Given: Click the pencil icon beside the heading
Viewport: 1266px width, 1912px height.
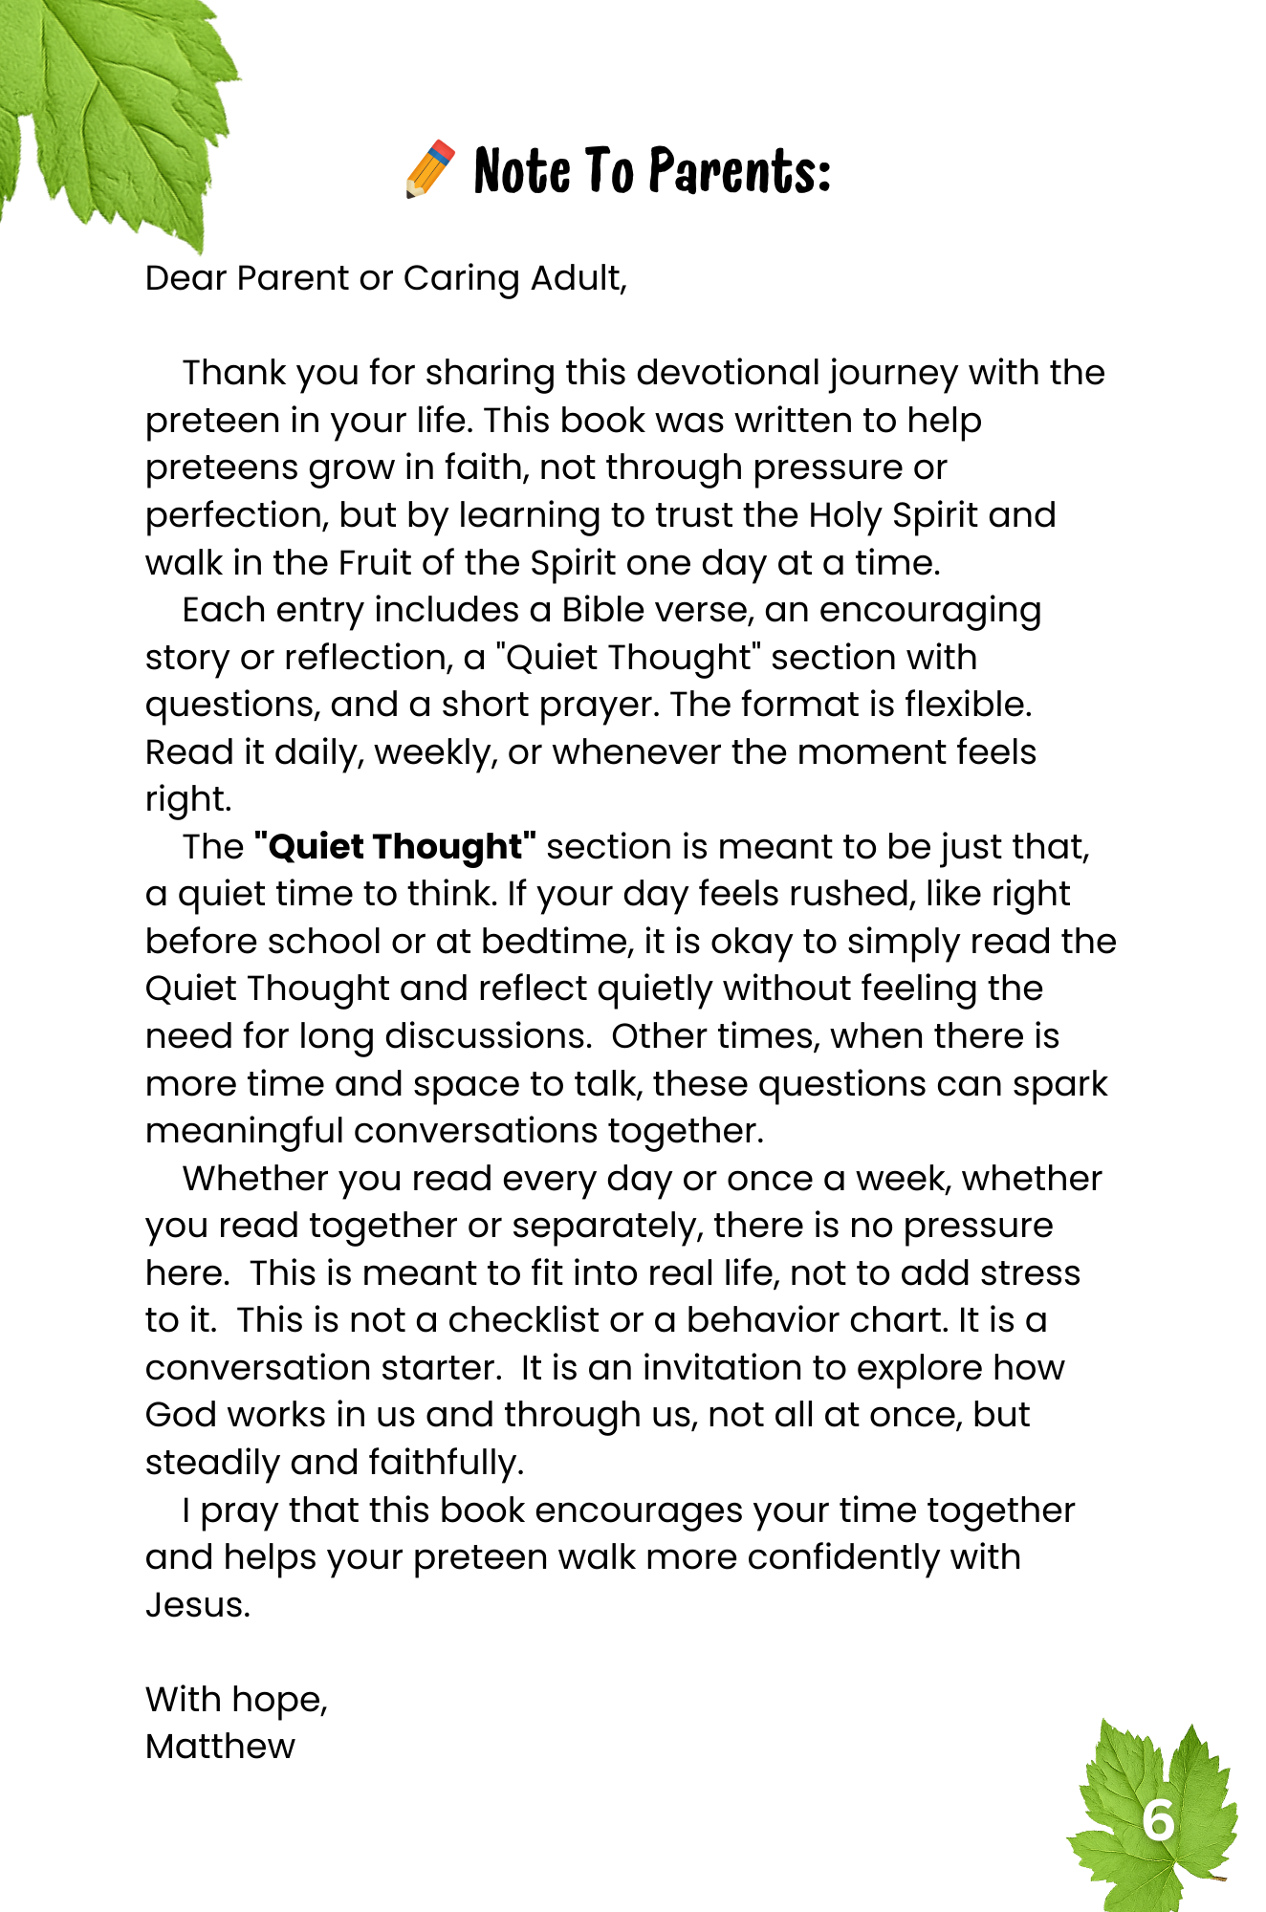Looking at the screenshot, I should (x=430, y=169).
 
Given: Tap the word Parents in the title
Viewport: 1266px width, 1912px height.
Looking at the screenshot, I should (x=738, y=171).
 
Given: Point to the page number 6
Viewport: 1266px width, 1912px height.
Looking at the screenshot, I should (x=1158, y=1819).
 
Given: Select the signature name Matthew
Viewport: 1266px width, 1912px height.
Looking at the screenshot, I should (x=220, y=1747).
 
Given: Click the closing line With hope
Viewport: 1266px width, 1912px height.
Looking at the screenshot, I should (x=236, y=1699).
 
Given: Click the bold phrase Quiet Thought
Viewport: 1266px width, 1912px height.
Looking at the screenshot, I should (x=395, y=847).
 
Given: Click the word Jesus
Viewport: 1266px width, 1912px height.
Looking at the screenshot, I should (x=197, y=1604).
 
